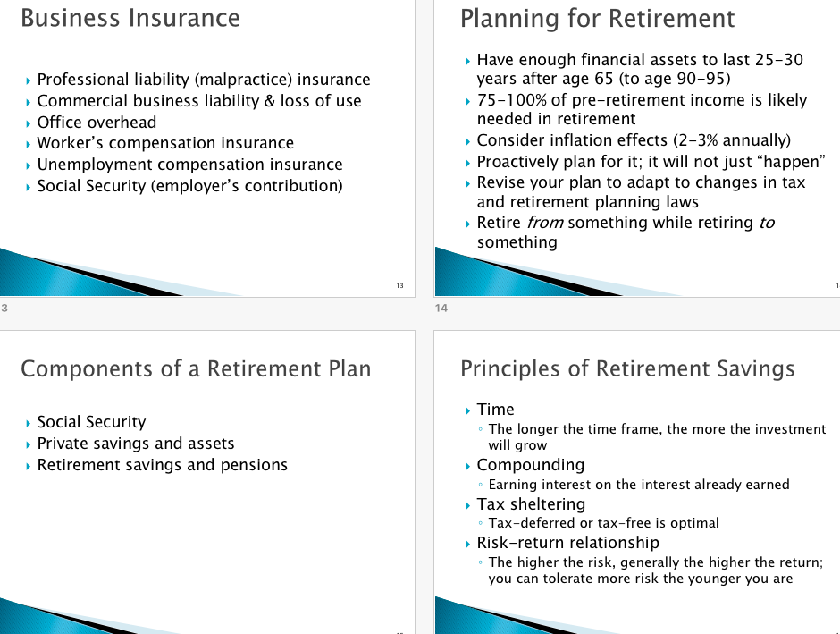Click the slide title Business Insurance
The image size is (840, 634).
[130, 18]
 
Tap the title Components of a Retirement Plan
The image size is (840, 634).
[195, 368]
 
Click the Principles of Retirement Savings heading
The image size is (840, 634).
[626, 368]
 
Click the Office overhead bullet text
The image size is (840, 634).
[97, 123]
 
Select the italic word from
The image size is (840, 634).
[545, 223]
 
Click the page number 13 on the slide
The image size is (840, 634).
[399, 285]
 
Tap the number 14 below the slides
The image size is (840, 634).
[441, 309]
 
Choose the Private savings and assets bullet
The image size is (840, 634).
[136, 444]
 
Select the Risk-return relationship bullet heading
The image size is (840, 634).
[567, 543]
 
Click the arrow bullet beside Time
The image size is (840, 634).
[468, 410]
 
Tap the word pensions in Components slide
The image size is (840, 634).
[254, 465]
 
